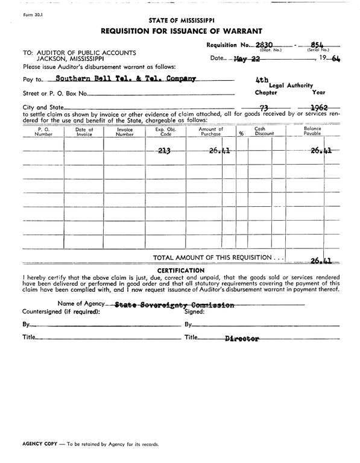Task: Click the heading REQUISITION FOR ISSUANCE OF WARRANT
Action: pyautogui.click(x=180, y=31)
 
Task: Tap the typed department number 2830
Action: pyautogui.click(x=265, y=44)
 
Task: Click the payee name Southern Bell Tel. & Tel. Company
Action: pyautogui.click(x=125, y=79)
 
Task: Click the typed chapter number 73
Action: pyautogui.click(x=263, y=109)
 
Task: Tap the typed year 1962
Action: pyautogui.click(x=317, y=108)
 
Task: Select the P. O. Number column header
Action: pyautogui.click(x=43, y=131)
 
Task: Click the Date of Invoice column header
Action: pyautogui.click(x=84, y=131)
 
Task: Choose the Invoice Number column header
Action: pyautogui.click(x=124, y=131)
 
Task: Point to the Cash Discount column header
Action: pyautogui.click(x=260, y=131)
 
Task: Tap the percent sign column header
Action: pyautogui.click(x=241, y=134)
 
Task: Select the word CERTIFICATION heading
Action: pyautogui.click(x=180, y=270)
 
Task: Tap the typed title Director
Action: pyautogui.click(x=242, y=339)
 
